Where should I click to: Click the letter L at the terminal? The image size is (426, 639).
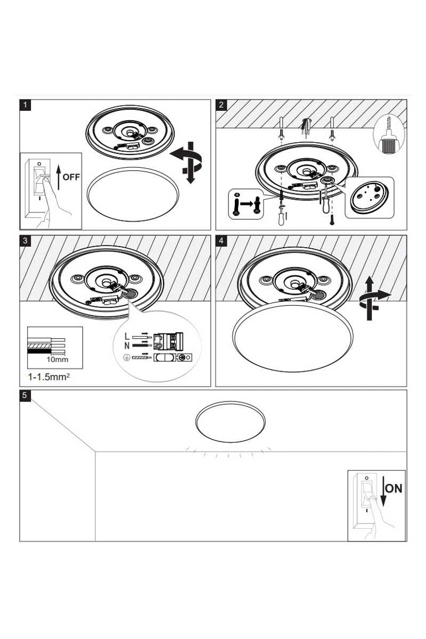(126, 337)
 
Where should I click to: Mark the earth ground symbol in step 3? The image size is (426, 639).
(126, 357)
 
